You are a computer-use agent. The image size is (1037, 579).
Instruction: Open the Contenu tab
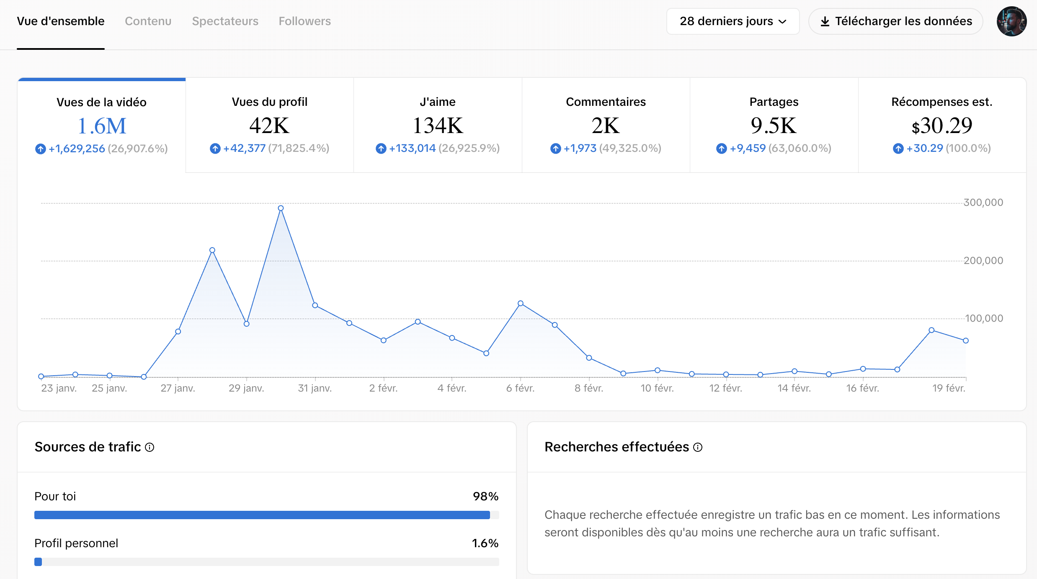click(148, 21)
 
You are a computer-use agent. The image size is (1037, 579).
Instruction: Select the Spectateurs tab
click(225, 21)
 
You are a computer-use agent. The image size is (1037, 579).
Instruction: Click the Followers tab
click(304, 21)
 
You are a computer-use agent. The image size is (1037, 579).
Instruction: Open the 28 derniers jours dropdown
click(733, 21)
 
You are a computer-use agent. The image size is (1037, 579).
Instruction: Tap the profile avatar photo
click(1011, 21)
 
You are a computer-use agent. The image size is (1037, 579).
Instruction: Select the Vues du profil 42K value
click(269, 126)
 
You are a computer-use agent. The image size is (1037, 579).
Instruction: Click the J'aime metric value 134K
click(438, 126)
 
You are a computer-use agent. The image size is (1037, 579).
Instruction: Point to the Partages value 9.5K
click(774, 126)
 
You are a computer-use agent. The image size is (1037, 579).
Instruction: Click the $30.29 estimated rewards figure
click(942, 126)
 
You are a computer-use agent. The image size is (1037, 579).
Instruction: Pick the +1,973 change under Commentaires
click(580, 148)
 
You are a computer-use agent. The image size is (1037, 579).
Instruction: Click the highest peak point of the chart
click(281, 208)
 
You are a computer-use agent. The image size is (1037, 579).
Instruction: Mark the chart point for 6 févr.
click(520, 303)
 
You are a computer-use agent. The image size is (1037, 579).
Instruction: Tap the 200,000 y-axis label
click(983, 261)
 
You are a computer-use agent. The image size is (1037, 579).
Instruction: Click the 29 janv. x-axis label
click(246, 388)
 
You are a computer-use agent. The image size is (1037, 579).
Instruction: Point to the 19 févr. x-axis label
click(948, 388)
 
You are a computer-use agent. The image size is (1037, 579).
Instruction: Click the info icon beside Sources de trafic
click(150, 447)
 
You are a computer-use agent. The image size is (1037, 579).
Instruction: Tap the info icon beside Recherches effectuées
click(697, 447)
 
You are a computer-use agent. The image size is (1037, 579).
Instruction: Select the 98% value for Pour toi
click(485, 496)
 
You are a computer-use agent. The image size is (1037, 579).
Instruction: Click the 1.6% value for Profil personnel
click(485, 543)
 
